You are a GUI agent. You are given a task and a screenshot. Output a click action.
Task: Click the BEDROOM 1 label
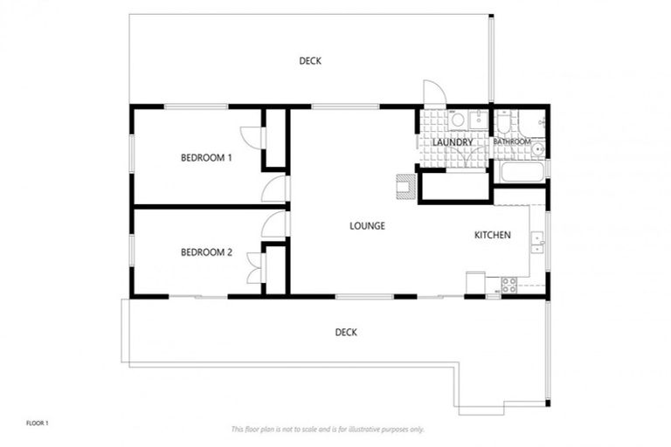click(206, 158)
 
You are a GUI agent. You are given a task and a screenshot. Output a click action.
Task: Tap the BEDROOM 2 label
click(206, 253)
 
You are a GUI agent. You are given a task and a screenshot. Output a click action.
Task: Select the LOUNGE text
click(367, 226)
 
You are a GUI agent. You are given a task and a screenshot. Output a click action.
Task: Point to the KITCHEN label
click(493, 236)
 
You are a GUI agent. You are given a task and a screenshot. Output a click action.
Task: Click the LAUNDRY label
click(453, 142)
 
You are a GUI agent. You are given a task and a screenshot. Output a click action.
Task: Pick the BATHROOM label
click(511, 141)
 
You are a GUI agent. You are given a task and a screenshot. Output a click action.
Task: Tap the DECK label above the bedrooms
click(310, 60)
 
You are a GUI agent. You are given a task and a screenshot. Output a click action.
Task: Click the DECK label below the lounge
click(346, 332)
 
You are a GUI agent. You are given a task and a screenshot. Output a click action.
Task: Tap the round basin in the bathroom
click(538, 149)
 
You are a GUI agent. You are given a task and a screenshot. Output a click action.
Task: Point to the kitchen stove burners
click(508, 284)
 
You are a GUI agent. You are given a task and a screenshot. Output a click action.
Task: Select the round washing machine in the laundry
click(457, 120)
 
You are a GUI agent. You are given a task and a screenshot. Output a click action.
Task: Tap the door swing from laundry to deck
click(432, 94)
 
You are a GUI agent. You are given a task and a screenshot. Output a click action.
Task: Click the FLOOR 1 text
click(38, 423)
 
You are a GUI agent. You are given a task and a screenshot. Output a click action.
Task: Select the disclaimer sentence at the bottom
click(328, 429)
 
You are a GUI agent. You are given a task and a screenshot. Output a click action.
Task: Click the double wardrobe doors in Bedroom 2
click(253, 268)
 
